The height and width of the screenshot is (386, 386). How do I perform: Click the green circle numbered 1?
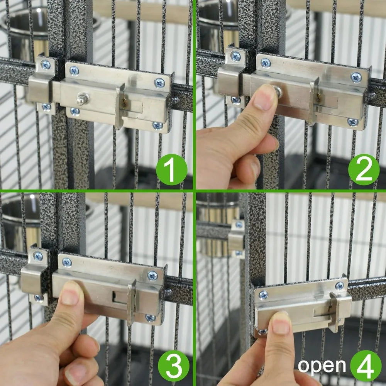click(171, 170)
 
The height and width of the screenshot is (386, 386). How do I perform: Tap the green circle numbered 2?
click(364, 170)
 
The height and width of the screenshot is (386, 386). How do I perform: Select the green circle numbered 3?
click(174, 364)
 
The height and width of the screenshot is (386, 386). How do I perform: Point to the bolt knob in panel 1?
click(81, 99)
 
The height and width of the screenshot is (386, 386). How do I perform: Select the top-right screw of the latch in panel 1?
click(159, 82)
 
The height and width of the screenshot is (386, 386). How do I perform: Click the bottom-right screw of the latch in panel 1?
click(157, 125)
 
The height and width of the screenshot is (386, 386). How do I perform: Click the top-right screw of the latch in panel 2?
click(356, 77)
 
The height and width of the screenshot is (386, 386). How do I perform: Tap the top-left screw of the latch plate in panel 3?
click(67, 262)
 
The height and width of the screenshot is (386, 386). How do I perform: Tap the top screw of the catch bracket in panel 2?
click(235, 56)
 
